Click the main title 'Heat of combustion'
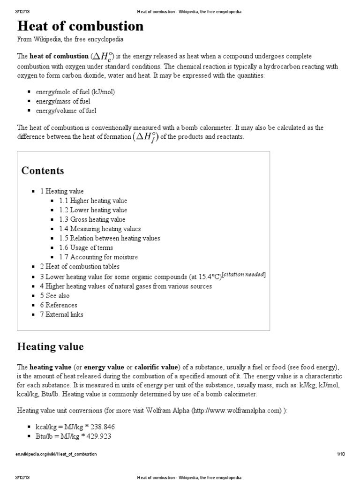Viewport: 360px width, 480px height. coord(80,26)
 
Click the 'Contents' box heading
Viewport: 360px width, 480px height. coord(43,170)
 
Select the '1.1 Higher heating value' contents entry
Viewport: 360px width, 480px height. coord(93,201)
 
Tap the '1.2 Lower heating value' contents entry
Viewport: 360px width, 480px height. coord(93,210)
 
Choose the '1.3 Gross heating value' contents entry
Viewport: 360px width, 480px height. coord(92,219)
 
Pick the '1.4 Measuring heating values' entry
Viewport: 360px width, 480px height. coord(100,229)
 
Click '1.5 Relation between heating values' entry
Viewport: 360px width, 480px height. coord(109,238)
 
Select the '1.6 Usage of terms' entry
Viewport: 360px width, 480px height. coord(86,247)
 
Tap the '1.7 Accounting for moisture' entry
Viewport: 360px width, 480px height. coord(98,257)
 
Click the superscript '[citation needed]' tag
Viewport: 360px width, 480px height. coord(244,275)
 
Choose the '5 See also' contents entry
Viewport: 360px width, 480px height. coord(54,296)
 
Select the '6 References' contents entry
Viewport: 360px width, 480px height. coord(58,305)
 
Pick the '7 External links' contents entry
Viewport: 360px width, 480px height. coord(61,315)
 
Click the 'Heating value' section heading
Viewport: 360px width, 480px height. coord(50,347)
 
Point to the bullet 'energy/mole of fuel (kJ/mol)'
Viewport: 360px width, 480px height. coord(75,92)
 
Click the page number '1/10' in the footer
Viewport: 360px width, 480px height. coord(340,454)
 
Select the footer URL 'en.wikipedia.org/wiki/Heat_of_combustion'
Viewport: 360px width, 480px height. coord(56,454)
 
